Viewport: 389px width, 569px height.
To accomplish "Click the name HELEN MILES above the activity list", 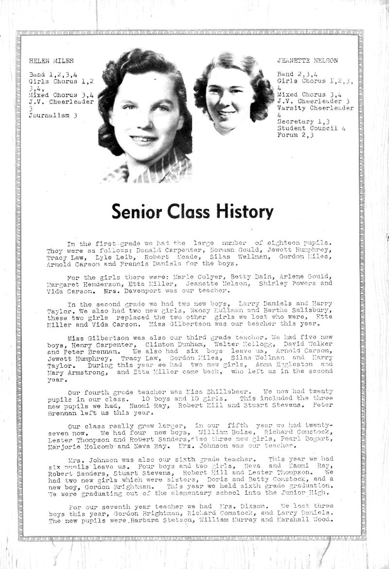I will pyautogui.click(x=51, y=61).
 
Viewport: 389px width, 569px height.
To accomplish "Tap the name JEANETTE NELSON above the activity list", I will pyautogui.click(x=307, y=61).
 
